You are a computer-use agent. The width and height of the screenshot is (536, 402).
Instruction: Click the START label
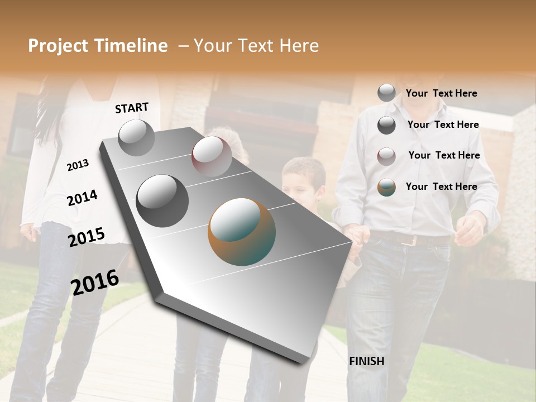pyautogui.click(x=132, y=108)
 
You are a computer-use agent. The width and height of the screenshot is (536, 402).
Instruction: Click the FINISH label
pyautogui.click(x=366, y=361)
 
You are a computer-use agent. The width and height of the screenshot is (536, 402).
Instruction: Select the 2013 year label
pyautogui.click(x=78, y=165)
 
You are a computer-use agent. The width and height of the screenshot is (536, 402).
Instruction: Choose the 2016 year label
pyautogui.click(x=95, y=282)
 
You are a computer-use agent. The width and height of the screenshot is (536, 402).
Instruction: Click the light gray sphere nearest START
pyautogui.click(x=136, y=138)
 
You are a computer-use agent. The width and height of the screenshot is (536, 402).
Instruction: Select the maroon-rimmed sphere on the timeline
pyautogui.click(x=212, y=156)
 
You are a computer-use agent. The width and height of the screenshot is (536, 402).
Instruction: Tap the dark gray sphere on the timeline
pyautogui.click(x=162, y=200)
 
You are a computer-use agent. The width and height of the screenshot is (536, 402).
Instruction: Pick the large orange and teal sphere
pyautogui.click(x=242, y=232)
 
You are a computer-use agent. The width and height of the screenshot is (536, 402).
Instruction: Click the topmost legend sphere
pyautogui.click(x=386, y=93)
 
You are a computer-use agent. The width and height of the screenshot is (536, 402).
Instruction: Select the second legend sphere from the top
pyautogui.click(x=386, y=125)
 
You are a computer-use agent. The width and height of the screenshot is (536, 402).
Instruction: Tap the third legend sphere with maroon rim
pyautogui.click(x=386, y=156)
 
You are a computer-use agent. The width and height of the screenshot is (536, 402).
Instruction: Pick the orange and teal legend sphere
pyautogui.click(x=386, y=188)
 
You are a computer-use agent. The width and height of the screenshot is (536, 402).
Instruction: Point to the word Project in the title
pyautogui.click(x=58, y=46)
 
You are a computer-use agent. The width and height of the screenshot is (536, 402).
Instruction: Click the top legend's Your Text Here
pyautogui.click(x=441, y=93)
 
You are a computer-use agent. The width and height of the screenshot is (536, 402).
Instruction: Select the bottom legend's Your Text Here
pyautogui.click(x=441, y=186)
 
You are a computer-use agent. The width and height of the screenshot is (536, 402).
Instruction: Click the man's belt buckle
pyautogui.click(x=413, y=241)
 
